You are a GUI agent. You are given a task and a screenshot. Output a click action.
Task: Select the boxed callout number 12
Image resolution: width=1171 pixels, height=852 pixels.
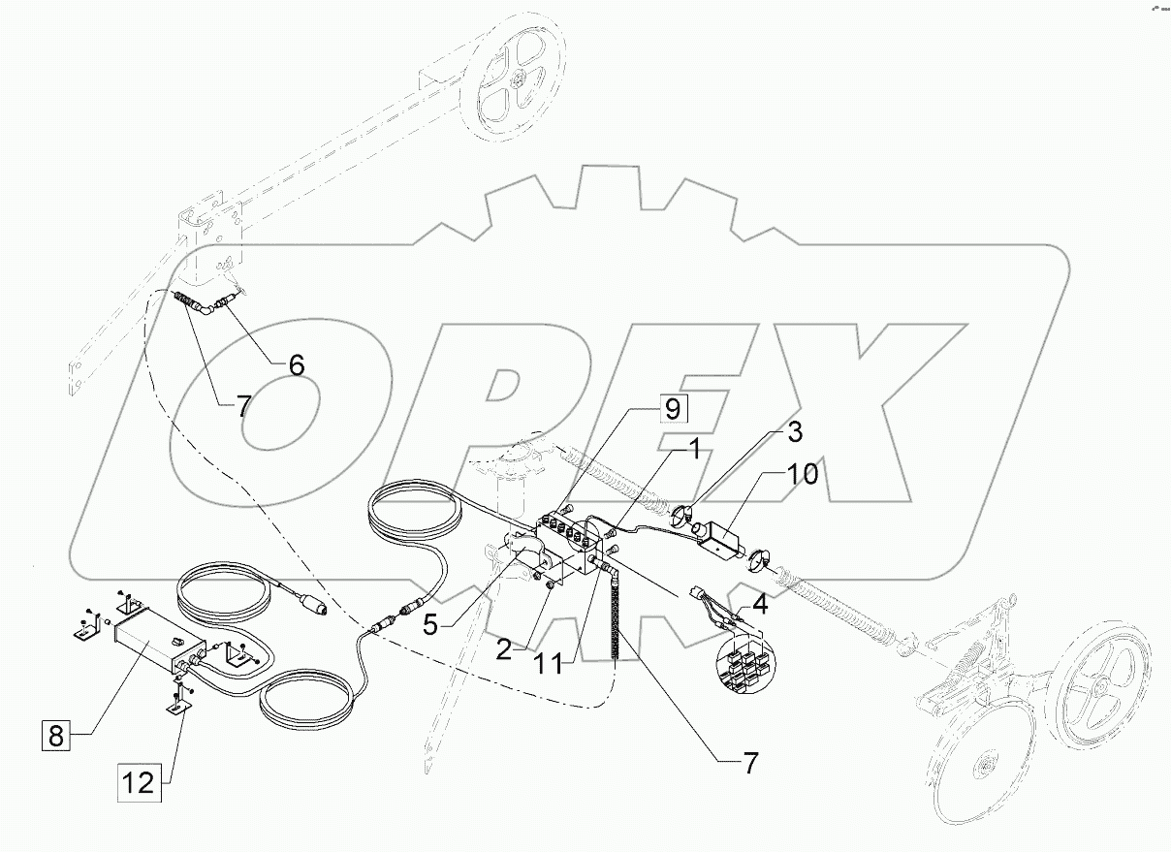[x=142, y=782]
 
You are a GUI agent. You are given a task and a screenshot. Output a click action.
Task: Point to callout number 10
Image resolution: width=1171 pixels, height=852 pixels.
[x=804, y=475]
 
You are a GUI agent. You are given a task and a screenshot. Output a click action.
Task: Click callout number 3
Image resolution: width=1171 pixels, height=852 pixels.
[x=794, y=430]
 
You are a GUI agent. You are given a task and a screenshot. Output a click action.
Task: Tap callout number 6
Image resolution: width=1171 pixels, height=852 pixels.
[x=295, y=365]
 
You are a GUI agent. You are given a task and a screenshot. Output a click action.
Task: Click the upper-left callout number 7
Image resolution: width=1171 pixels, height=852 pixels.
[x=243, y=406]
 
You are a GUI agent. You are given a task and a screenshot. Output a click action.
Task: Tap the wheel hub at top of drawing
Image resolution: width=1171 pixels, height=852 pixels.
[x=521, y=82]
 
